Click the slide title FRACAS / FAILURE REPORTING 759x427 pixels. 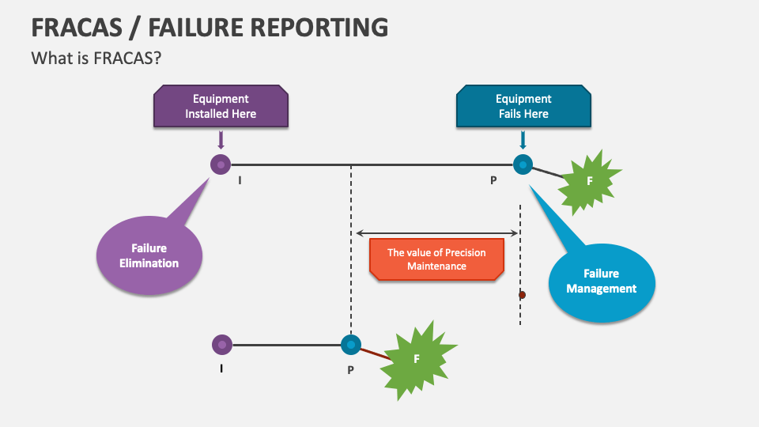point(210,26)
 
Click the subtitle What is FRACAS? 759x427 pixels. point(97,59)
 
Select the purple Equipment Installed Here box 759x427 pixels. point(221,106)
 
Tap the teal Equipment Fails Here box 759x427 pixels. point(523,106)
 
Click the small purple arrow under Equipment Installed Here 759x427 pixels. point(221,141)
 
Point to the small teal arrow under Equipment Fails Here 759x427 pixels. point(523,141)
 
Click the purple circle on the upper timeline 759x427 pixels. point(221,164)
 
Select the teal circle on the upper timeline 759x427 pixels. point(523,164)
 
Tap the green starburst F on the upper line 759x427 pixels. point(589,181)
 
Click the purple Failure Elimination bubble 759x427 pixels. point(149,255)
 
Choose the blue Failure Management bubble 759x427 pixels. point(602,282)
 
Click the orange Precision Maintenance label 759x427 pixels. point(436,259)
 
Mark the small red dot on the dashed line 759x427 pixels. point(522,295)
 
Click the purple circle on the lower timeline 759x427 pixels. point(222,345)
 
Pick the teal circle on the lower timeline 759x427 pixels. point(350,345)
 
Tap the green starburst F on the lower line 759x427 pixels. point(417,358)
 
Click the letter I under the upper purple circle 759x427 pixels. point(240,180)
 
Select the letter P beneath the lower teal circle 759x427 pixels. point(350,369)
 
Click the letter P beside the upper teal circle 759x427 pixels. point(493,180)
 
